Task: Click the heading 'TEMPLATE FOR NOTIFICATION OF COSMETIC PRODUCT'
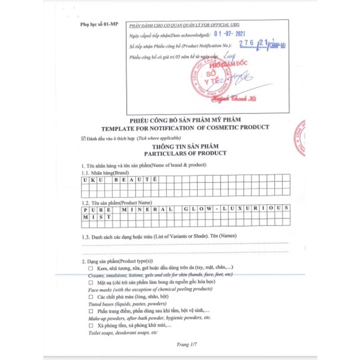coord(185,127)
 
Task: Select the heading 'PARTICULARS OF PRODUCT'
coord(185,153)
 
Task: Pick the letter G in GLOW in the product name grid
coord(187,210)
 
